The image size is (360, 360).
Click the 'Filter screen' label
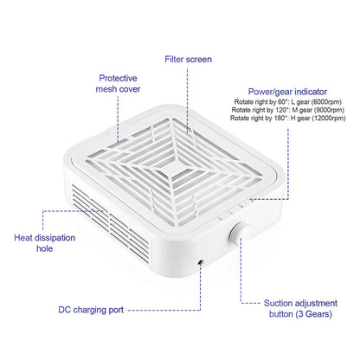[188, 59]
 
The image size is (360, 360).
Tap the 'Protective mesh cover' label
[118, 83]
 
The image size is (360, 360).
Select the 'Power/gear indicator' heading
[287, 92]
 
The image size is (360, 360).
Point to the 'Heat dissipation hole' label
[45, 243]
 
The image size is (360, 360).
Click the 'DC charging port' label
[91, 310]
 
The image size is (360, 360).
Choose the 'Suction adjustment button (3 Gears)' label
[300, 308]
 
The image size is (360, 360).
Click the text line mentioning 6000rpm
[288, 102]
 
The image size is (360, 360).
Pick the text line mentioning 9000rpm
[288, 110]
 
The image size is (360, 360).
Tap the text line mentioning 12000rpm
[288, 118]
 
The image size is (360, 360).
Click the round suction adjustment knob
[236, 234]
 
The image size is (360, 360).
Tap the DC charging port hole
[201, 262]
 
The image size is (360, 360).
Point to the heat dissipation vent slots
[111, 224]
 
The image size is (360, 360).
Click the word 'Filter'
[174, 59]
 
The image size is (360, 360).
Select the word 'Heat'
[23, 238]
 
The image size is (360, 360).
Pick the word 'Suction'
[278, 303]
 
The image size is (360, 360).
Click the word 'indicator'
[311, 92]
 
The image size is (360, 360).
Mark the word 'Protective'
[118, 78]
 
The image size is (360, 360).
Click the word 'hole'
[45, 248]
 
